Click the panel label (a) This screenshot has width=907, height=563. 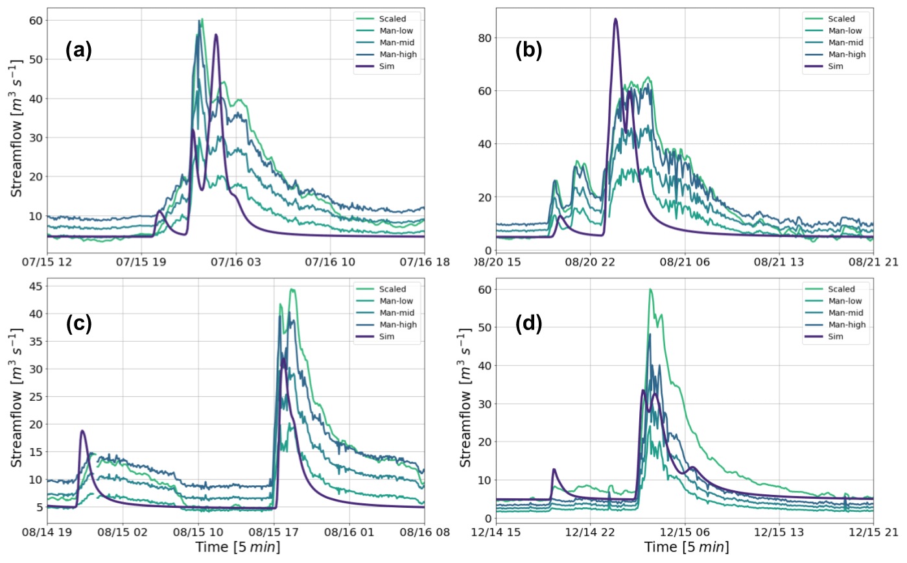click(79, 51)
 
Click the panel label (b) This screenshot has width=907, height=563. click(529, 51)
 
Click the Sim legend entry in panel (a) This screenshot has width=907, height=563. click(388, 66)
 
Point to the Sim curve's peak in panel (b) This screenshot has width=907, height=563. click(615, 19)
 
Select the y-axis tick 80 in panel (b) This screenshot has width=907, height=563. click(484, 38)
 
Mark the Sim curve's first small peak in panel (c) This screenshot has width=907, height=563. click(82, 431)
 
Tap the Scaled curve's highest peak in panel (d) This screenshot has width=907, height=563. click(650, 289)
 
